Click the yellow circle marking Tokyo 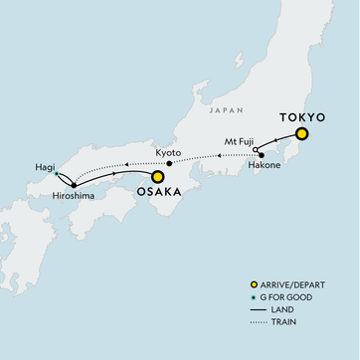(302, 134)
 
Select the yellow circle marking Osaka (156, 177)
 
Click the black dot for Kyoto (169, 163)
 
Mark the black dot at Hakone (261, 155)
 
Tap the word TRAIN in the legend (280, 337)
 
